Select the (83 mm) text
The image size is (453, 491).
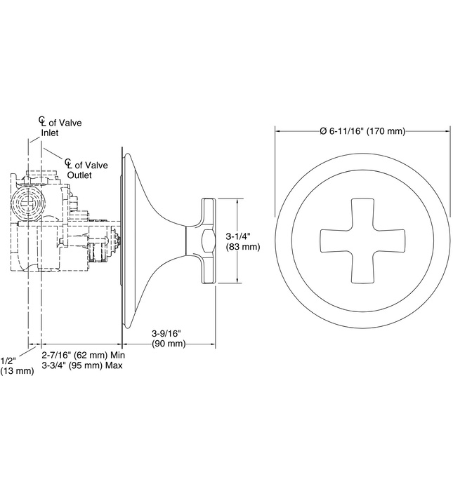click(x=241, y=247)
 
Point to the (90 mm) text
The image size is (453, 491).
click(x=169, y=343)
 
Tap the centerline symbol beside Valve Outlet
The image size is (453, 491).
click(x=69, y=164)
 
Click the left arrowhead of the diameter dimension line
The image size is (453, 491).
click(x=278, y=131)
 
